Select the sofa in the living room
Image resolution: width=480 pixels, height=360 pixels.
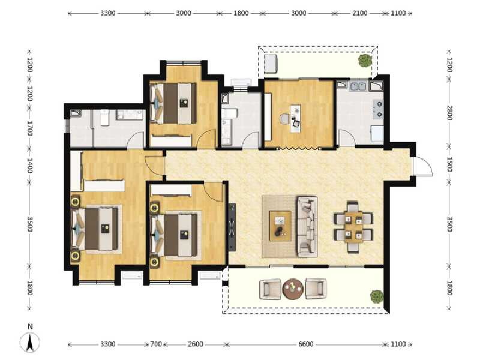coord(307,226)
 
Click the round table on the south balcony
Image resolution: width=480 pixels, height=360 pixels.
coord(293,289)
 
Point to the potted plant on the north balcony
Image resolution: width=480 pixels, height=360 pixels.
coord(364,60)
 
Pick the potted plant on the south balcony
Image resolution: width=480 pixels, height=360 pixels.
coord(376,296)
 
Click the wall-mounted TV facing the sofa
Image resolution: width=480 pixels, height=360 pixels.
coord(232,227)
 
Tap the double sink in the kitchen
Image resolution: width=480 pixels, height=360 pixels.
coord(359,87)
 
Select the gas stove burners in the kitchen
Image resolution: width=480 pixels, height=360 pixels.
coord(378,106)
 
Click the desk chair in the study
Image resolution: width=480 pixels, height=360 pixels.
coord(284,119)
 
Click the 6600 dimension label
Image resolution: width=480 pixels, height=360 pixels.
coord(305,344)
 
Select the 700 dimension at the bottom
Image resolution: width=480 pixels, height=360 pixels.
coord(156,344)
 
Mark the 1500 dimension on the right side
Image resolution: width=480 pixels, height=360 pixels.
coord(449,165)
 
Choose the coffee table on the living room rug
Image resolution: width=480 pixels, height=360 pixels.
coord(280,226)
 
